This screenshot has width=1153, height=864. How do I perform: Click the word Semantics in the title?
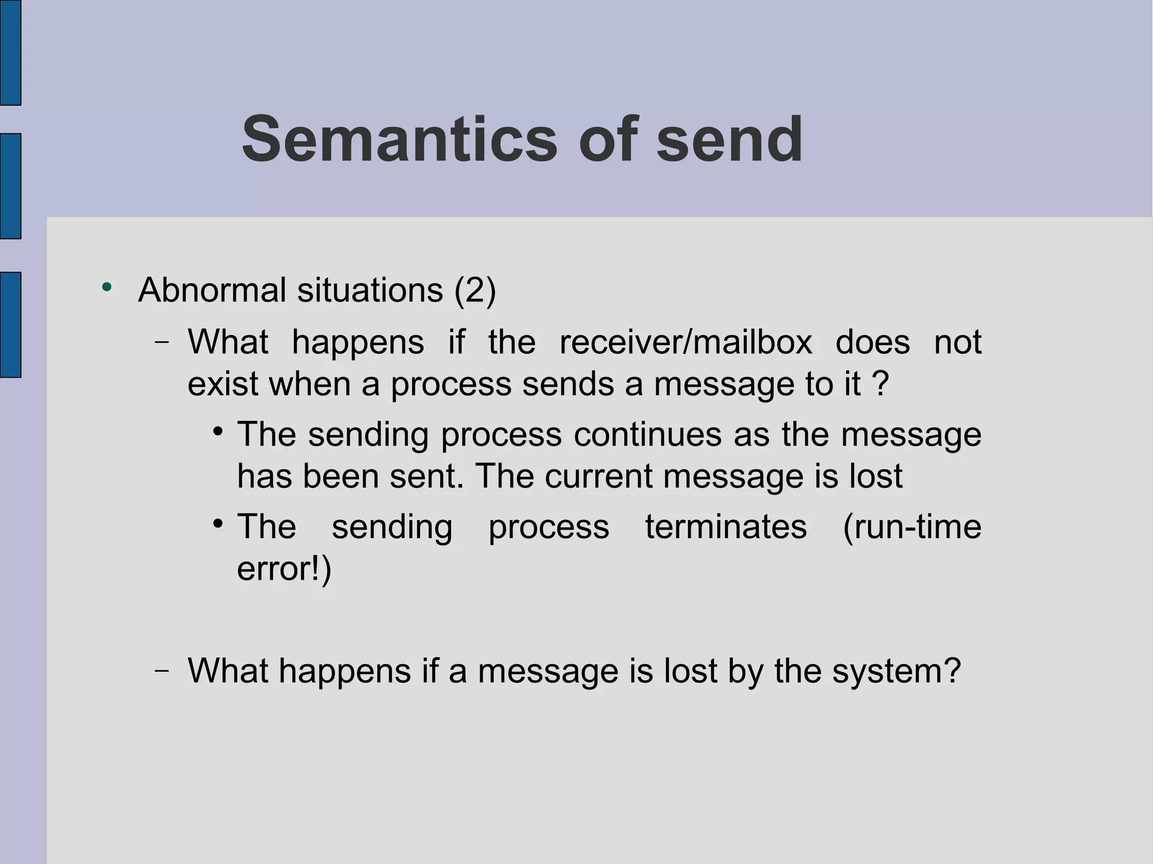tap(399, 139)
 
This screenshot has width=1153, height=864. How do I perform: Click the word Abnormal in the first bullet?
tap(212, 290)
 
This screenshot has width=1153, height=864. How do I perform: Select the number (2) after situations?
tap(475, 290)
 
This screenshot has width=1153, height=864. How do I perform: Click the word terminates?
tap(726, 527)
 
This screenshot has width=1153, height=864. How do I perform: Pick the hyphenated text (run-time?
tap(911, 527)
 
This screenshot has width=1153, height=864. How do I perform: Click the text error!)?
tap(284, 568)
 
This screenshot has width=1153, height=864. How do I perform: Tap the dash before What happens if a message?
tap(162, 671)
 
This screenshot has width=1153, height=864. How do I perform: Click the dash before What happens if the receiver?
tap(162, 342)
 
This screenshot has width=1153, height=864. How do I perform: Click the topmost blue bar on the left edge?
tap(10, 52)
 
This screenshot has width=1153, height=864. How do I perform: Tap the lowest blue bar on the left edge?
tap(10, 324)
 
